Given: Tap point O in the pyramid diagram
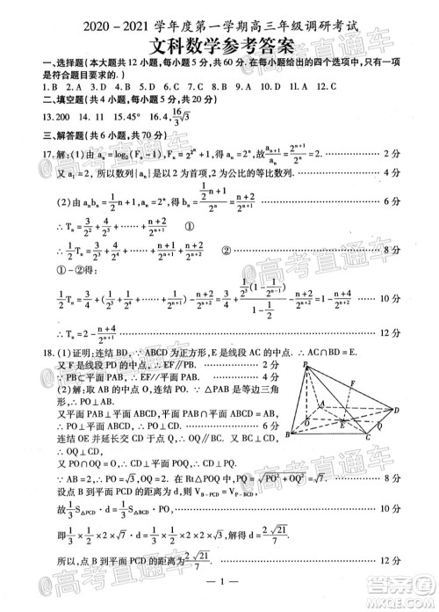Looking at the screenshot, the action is [x=306, y=425].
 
